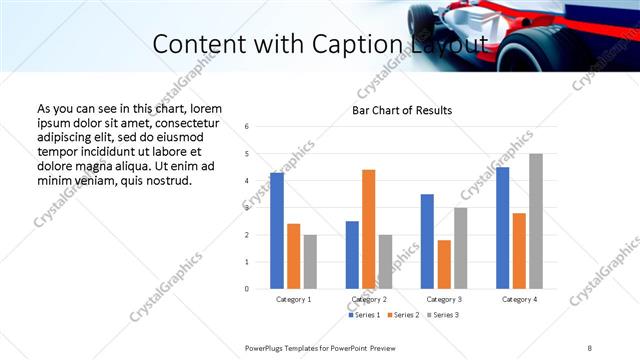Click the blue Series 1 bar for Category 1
277,231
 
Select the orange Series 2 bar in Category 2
368,229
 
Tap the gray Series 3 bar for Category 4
536,221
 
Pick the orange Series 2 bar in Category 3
444,264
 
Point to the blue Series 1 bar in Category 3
427,241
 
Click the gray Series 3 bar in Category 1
310,261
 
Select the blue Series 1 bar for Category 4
502,228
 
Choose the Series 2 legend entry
404,315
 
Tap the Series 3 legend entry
442,315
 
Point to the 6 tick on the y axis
247,126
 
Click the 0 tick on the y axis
247,289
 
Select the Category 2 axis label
369,299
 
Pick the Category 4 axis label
518,299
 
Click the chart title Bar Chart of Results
402,110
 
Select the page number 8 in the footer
590,347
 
